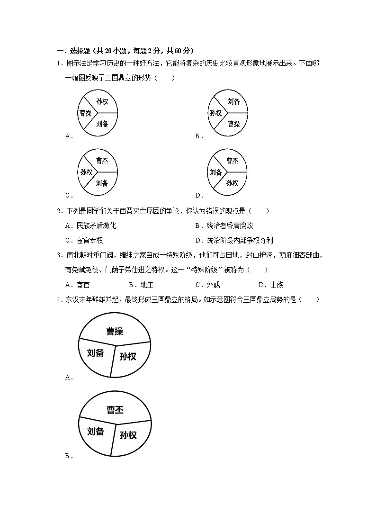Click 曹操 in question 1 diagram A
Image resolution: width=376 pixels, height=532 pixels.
coord(85,113)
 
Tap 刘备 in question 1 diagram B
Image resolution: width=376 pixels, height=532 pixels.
coord(233,101)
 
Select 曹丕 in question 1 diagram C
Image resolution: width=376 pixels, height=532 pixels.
coord(102,161)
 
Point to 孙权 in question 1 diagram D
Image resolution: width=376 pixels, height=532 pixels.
coord(232,183)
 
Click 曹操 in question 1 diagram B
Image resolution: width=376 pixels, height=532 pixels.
coord(234,124)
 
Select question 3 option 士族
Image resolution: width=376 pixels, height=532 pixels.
coord(276,285)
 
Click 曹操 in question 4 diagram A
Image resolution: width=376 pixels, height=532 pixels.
coord(115,331)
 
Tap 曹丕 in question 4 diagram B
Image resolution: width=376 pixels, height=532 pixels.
coord(115,410)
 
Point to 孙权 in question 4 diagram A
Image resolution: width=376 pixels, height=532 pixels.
coord(128,356)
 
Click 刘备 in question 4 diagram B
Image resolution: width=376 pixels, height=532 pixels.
coord(96,431)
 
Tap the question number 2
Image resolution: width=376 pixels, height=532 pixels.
coord(58,211)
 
